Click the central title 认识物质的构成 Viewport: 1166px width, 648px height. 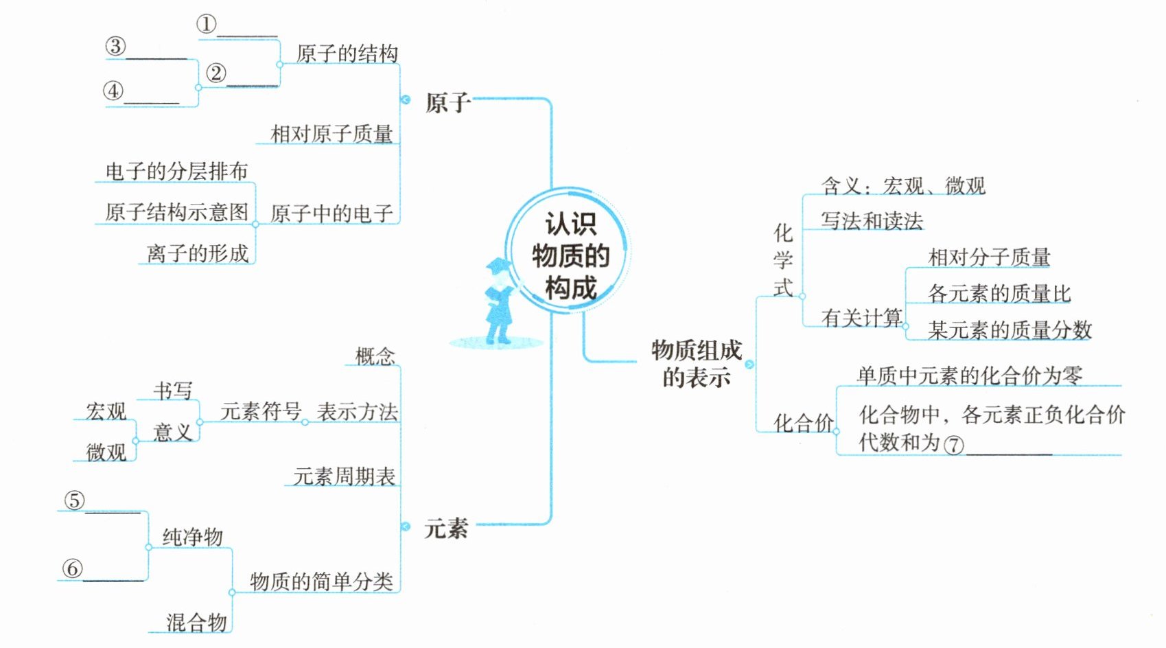pos(570,255)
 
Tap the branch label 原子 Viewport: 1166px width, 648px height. pos(447,103)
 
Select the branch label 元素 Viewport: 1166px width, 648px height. pos(446,529)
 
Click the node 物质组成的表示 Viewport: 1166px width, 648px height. pos(696,363)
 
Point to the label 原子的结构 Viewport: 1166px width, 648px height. pos(347,54)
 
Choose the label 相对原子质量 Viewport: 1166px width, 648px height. pos(331,134)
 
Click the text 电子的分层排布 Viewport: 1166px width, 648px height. pos(176,171)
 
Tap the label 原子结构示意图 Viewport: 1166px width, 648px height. pos(176,212)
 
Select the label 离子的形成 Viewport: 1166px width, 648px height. pos(198,253)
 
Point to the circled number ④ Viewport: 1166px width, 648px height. pos(113,91)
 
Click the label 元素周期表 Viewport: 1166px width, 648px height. pos(344,476)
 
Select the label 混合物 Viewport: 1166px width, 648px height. pos(196,623)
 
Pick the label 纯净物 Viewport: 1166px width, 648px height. pos(192,537)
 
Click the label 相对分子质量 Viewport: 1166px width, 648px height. pos(989,257)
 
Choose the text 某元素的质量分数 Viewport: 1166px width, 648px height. pos(1009,330)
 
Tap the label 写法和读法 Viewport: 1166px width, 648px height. pos(872,221)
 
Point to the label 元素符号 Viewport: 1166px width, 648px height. pos(261,411)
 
